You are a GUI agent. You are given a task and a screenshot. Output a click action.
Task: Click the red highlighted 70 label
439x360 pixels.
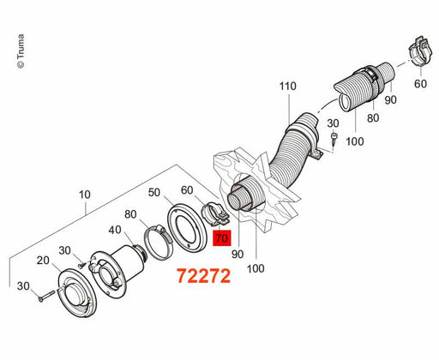pos(222,237)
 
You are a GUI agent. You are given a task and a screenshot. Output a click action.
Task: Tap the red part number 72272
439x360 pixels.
pos(203,276)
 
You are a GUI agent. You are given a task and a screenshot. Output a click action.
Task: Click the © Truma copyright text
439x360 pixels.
pos(21,51)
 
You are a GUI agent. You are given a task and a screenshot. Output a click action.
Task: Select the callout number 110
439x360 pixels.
pos(287,86)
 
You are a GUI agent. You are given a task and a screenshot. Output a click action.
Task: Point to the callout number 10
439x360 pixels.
pos(85,195)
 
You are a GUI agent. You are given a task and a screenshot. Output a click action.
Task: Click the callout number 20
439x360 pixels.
pos(43,261)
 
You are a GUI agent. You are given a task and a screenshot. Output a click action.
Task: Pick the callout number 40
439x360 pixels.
pos(115,230)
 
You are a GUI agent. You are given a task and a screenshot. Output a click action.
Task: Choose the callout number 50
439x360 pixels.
pos(154,192)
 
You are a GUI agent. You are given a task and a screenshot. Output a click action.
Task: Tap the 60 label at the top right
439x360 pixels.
pos(420,84)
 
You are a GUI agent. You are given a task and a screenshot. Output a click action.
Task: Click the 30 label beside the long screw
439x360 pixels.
pos(23,286)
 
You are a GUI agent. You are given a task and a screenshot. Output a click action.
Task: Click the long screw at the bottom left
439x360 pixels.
pos(46,296)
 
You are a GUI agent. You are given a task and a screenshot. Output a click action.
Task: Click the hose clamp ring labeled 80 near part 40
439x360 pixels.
pos(158,242)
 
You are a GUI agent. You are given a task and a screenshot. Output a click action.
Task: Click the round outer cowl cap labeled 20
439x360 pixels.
pos(77,292)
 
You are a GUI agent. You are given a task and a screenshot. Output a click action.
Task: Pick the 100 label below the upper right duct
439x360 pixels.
pos(355,141)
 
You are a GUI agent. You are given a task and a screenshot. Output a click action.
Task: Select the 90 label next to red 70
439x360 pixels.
pos(238,254)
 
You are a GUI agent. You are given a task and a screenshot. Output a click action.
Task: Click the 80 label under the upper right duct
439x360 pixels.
pos(373,117)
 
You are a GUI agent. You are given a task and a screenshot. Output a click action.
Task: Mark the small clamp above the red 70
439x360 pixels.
pos(216,213)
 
